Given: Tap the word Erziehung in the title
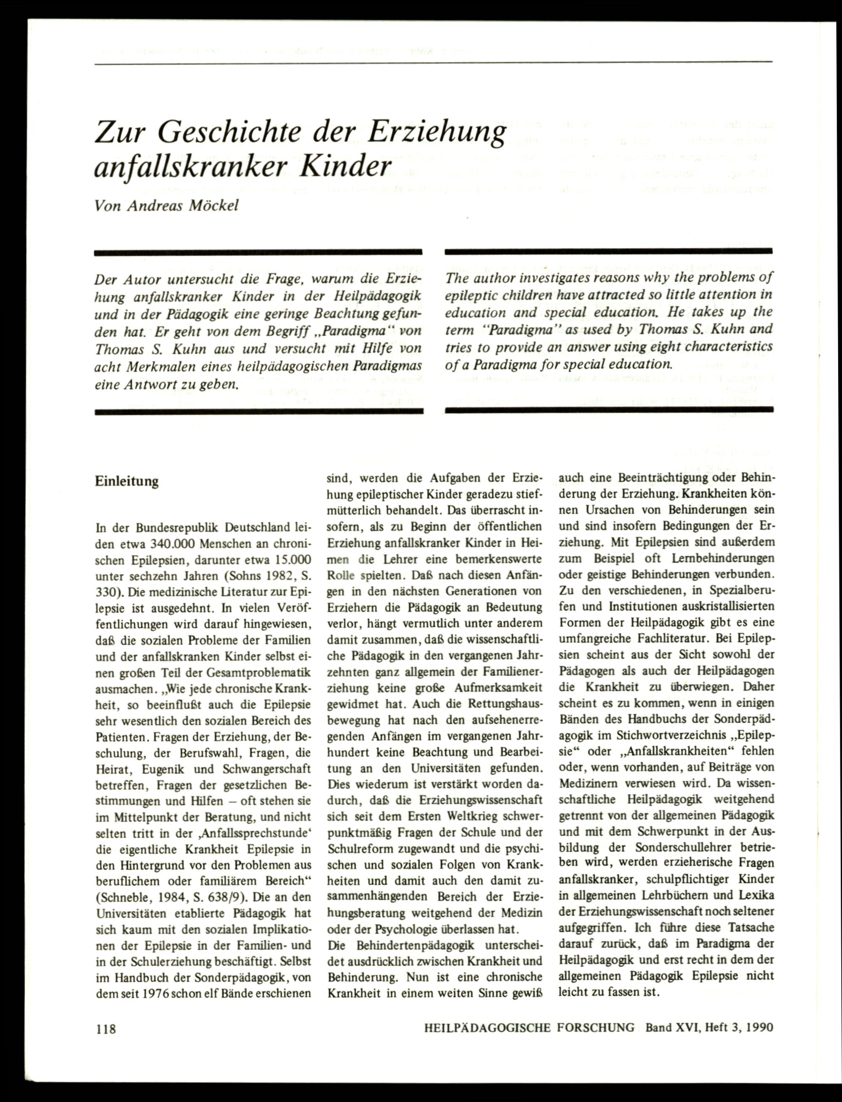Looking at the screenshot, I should [436, 133].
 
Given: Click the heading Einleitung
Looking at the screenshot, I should [127, 481].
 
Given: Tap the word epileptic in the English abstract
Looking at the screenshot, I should [469, 295].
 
